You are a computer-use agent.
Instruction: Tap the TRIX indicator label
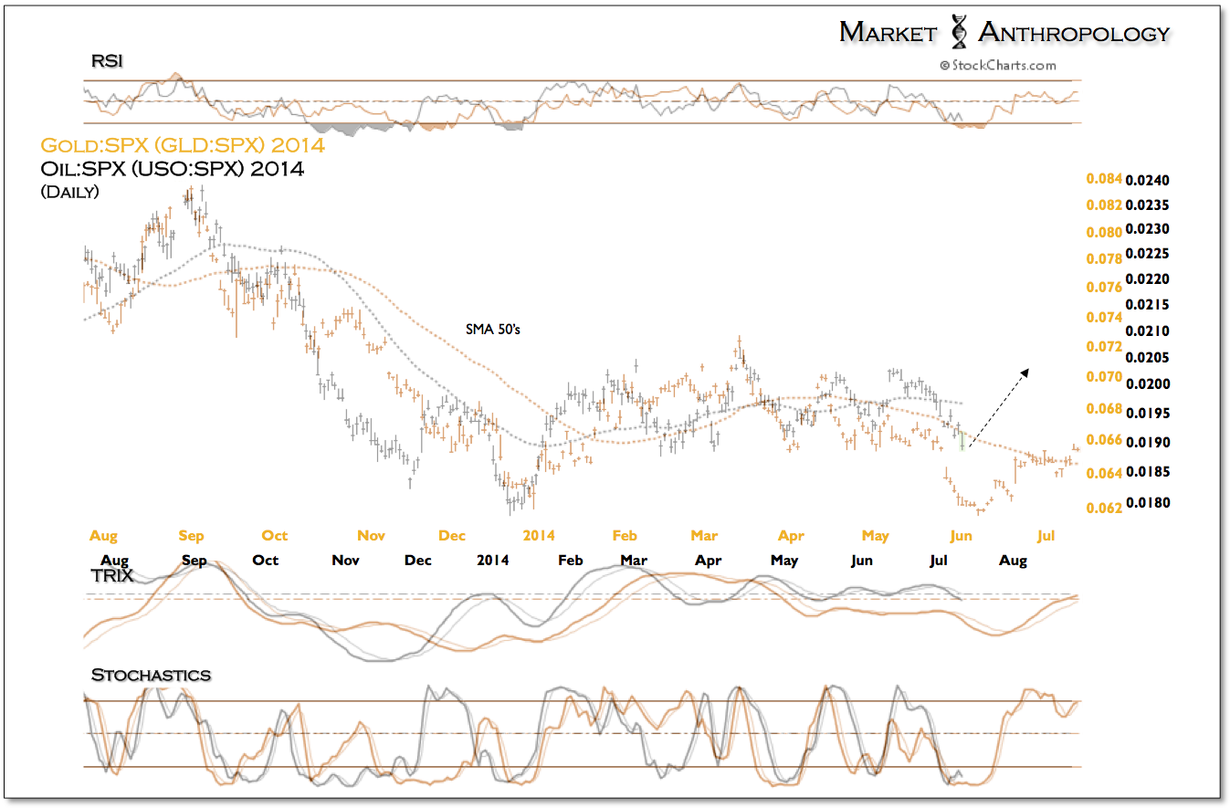[x=112, y=576]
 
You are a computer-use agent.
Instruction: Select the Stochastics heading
[x=151, y=675]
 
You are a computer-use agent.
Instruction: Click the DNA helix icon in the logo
[x=959, y=31]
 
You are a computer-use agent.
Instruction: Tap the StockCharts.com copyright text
[x=997, y=65]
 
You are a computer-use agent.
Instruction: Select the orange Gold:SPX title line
[x=183, y=144]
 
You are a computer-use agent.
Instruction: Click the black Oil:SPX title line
[x=173, y=169]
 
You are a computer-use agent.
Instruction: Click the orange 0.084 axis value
[x=1104, y=180]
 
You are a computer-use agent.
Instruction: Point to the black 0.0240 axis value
[x=1148, y=180]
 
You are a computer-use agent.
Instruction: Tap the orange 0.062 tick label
[x=1104, y=508]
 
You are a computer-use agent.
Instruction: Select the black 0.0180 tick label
[x=1148, y=503]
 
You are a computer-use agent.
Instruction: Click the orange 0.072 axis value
[x=1104, y=347]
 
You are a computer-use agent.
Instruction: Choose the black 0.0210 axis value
[x=1148, y=331]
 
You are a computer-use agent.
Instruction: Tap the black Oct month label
[x=265, y=560]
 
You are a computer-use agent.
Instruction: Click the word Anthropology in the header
[x=1074, y=33]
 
